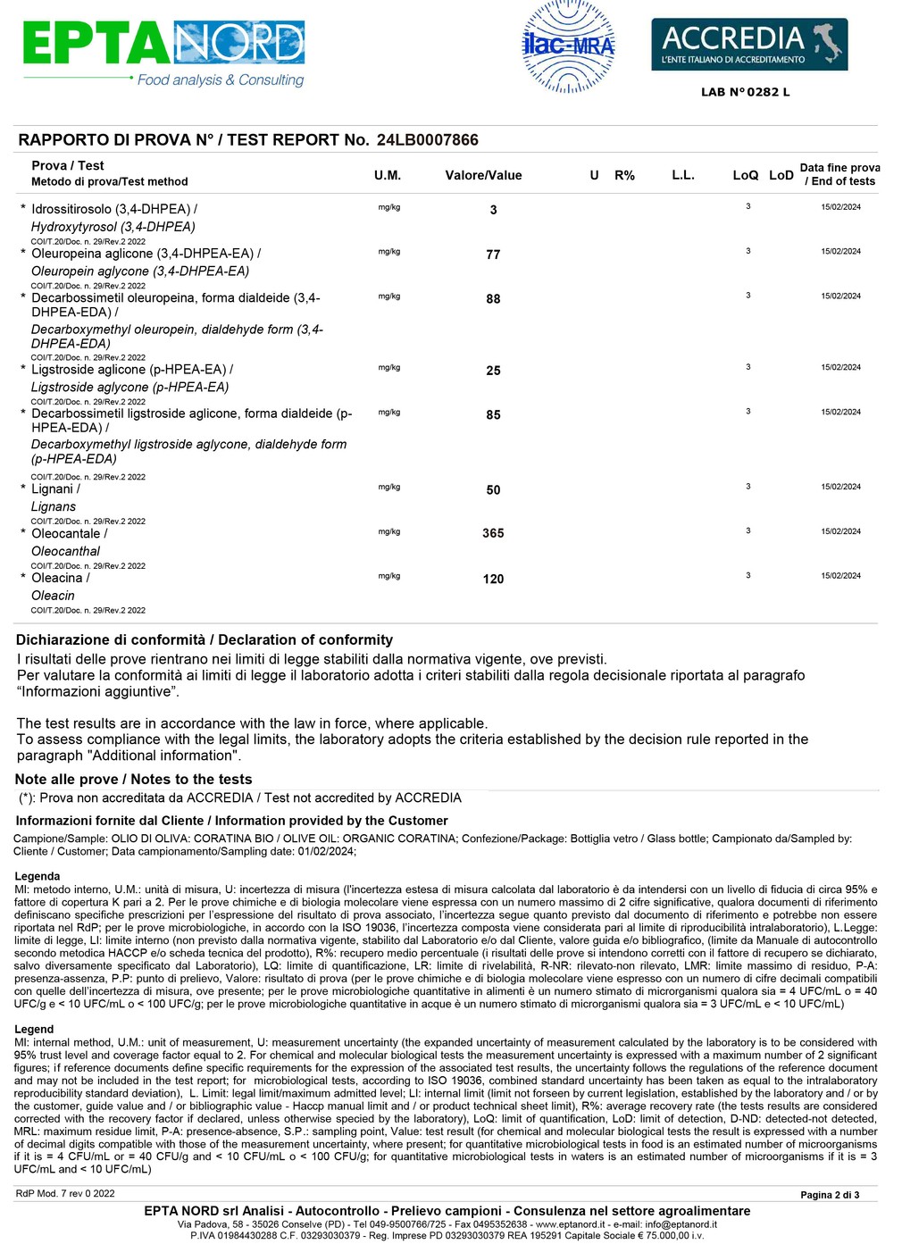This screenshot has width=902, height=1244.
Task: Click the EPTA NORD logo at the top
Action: click(163, 52)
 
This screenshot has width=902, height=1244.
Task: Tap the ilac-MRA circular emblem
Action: click(568, 46)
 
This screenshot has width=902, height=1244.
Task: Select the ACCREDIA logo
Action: click(748, 45)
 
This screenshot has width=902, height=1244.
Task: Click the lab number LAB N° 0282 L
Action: click(745, 92)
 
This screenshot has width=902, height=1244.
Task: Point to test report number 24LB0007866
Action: click(427, 140)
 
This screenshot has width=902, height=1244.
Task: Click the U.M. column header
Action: click(388, 175)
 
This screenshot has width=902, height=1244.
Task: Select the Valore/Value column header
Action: click(483, 175)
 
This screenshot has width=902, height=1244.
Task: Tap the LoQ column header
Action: click(745, 175)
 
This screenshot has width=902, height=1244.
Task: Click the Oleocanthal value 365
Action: click(493, 533)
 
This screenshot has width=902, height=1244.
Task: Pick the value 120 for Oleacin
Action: click(493, 579)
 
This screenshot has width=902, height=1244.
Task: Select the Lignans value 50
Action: click(493, 490)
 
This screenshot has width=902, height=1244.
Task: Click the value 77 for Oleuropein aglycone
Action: click(493, 255)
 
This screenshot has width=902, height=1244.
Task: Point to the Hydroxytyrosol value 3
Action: click(493, 210)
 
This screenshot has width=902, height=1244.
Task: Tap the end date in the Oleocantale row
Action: click(840, 531)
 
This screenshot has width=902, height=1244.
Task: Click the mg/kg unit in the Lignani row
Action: click(389, 488)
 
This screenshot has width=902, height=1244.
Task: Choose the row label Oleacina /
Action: click(61, 578)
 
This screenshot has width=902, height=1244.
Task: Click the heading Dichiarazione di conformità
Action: click(110, 639)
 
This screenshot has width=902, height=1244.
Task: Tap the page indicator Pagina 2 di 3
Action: click(829, 1195)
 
